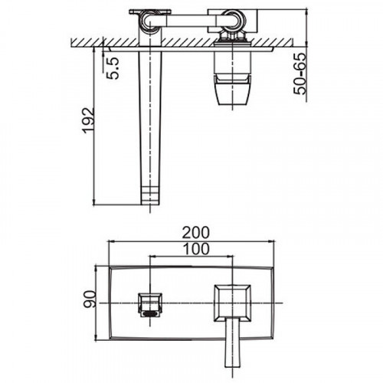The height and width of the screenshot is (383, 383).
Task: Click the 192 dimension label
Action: click(88, 120)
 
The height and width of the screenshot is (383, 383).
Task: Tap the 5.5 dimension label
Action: click(113, 68)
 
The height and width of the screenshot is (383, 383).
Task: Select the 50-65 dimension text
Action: click(300, 74)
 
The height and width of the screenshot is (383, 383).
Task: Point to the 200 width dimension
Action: click(195, 233)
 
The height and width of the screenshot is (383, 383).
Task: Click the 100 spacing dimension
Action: click(196, 249)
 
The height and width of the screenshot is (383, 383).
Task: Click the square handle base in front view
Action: click(232, 303)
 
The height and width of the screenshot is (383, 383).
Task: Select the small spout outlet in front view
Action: click(150, 305)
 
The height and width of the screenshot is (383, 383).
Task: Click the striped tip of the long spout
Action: click(150, 195)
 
